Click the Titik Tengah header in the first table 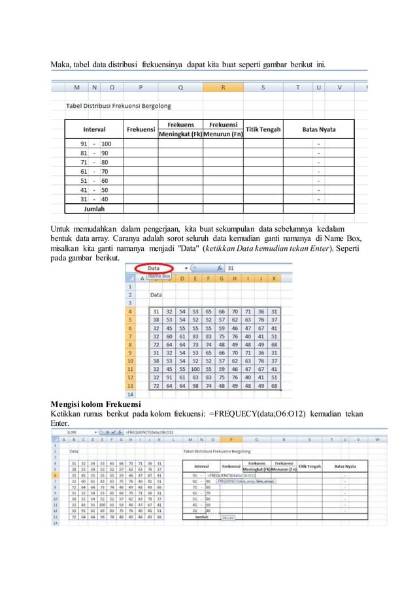point(263,129)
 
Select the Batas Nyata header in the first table point(319,129)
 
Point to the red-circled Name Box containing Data point(155,268)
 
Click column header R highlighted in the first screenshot point(224,87)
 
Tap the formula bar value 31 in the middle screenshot point(231,268)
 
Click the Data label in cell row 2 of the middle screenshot point(158,294)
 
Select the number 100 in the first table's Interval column point(106,144)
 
